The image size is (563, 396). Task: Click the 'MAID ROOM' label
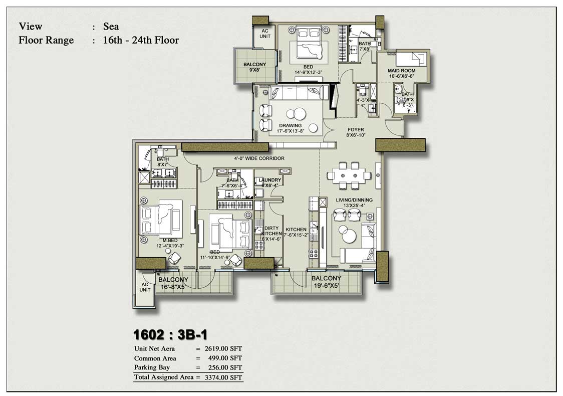(x=401, y=71)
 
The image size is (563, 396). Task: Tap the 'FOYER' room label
(x=356, y=130)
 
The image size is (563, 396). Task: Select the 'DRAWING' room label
(x=291, y=125)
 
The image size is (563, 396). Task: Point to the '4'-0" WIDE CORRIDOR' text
(x=259, y=158)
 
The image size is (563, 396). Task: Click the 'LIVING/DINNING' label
(x=354, y=200)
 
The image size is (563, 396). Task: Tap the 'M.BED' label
(x=157, y=240)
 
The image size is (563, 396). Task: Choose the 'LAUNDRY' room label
(x=270, y=180)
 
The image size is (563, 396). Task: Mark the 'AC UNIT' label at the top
(x=264, y=34)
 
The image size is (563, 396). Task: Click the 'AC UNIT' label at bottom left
(x=145, y=287)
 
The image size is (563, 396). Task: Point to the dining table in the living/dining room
(x=349, y=175)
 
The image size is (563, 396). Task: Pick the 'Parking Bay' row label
(x=152, y=367)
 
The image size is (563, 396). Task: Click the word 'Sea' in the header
(x=111, y=27)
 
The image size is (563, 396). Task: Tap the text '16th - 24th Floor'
(x=141, y=40)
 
